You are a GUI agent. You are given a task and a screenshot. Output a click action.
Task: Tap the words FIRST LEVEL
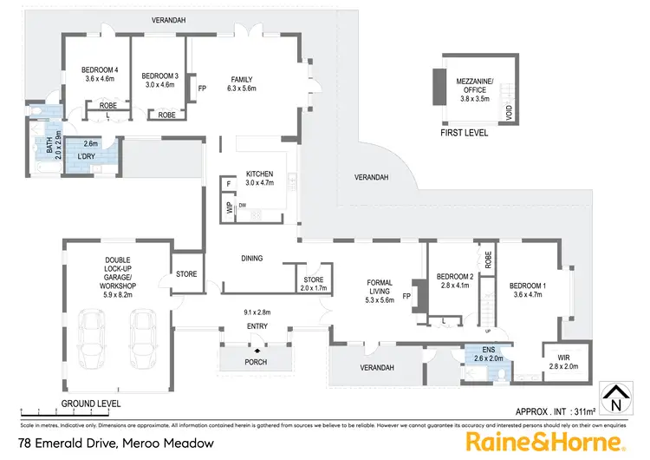click(465, 133)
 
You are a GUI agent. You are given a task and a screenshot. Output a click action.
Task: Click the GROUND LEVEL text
click(91, 404)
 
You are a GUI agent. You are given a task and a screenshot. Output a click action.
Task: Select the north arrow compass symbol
click(614, 398)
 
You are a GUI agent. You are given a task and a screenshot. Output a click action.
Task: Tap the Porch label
click(255, 361)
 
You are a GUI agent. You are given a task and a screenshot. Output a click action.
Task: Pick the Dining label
click(251, 258)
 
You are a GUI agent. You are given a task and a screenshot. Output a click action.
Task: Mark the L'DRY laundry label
click(86, 156)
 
